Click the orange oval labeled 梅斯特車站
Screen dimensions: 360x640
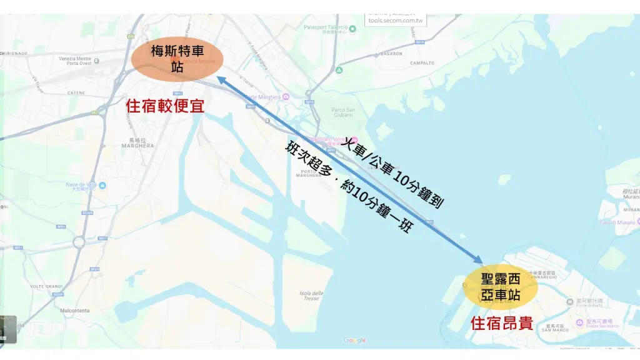click(x=177, y=58)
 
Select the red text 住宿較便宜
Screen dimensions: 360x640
click(x=165, y=105)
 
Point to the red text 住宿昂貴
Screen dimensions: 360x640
click(x=502, y=324)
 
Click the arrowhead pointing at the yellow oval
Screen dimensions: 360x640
click(x=479, y=261)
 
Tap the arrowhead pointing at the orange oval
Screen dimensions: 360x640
click(x=221, y=79)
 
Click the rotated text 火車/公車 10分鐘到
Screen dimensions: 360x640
click(x=394, y=172)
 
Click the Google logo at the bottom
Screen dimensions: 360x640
click(x=355, y=341)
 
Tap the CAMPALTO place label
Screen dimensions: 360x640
click(x=422, y=63)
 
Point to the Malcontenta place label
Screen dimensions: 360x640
click(x=75, y=311)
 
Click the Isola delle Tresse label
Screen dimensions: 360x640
click(x=311, y=296)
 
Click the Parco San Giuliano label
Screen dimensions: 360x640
click(x=342, y=112)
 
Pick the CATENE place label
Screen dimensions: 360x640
click(x=76, y=92)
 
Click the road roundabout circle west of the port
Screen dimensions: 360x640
click(x=79, y=241)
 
